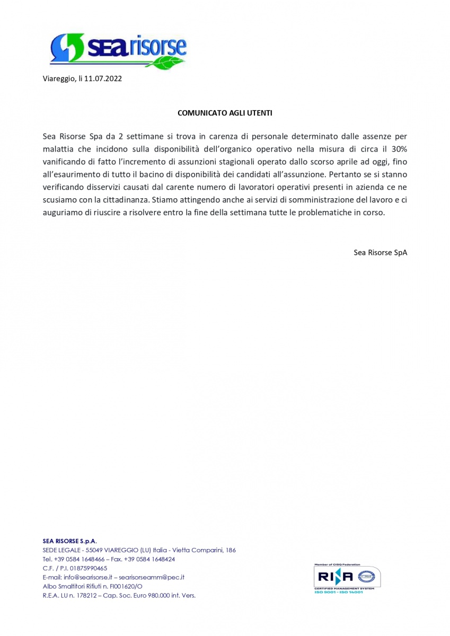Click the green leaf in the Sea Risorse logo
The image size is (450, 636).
point(169,63)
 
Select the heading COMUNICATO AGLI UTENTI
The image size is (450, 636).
point(225,113)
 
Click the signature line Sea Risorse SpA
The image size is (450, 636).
point(380,252)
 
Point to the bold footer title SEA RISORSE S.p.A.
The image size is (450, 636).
point(69,541)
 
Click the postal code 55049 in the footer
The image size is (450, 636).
point(94,550)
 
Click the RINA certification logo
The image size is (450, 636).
point(347,578)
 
